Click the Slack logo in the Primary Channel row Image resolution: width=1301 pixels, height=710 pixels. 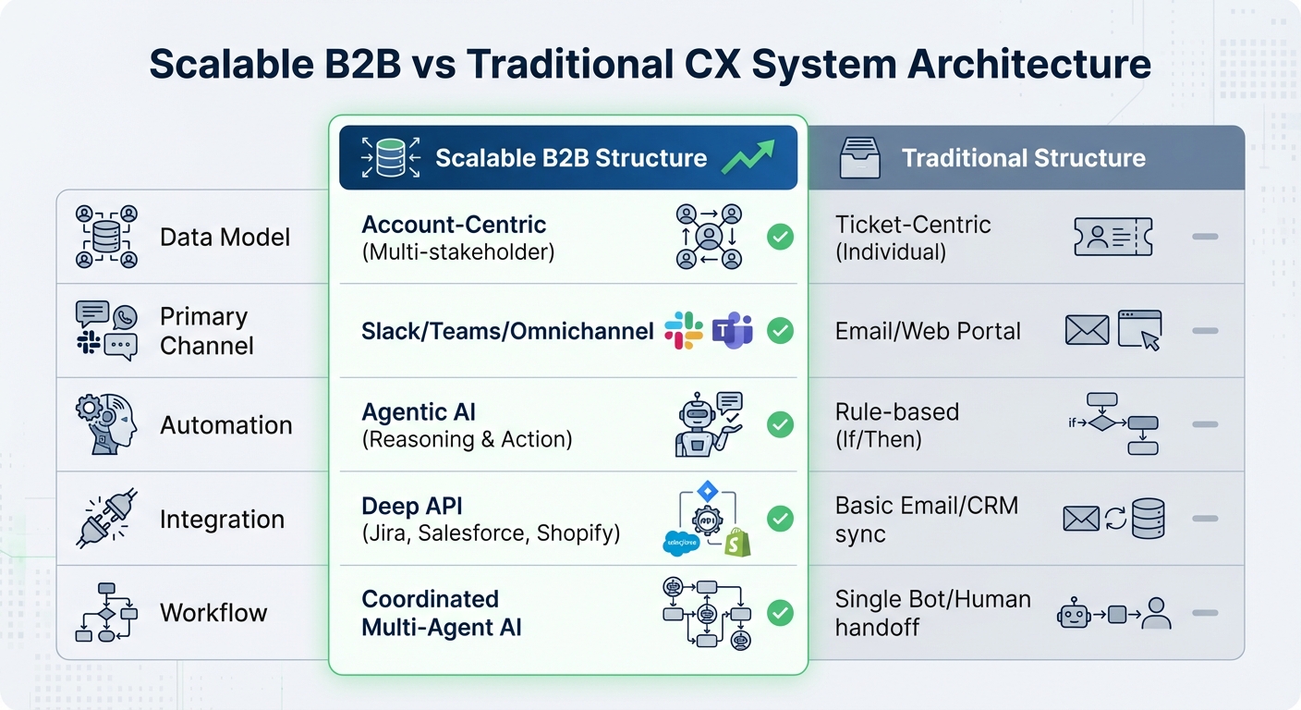(684, 330)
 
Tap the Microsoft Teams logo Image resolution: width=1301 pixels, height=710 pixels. (732, 330)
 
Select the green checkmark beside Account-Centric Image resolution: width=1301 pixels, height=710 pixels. (781, 238)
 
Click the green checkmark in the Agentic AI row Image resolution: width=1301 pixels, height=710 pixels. (781, 424)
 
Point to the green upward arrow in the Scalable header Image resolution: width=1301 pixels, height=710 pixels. (748, 156)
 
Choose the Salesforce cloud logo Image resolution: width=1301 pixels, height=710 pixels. (682, 543)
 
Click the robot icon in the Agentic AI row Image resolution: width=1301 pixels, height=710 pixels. (699, 426)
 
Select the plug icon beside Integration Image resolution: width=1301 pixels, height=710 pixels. (105, 519)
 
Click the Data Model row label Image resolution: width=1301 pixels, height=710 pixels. (225, 238)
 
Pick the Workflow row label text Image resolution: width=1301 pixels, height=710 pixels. (213, 613)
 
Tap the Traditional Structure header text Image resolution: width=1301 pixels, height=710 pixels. (1024, 158)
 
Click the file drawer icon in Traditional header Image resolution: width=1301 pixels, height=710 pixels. (859, 158)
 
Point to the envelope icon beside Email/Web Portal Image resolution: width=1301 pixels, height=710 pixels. (1087, 330)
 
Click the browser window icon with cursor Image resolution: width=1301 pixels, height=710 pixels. (1139, 330)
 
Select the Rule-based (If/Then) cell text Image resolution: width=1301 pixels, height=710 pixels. (896, 425)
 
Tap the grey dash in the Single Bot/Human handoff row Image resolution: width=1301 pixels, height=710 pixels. (1205, 612)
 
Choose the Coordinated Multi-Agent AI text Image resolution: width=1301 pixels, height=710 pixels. (441, 613)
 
